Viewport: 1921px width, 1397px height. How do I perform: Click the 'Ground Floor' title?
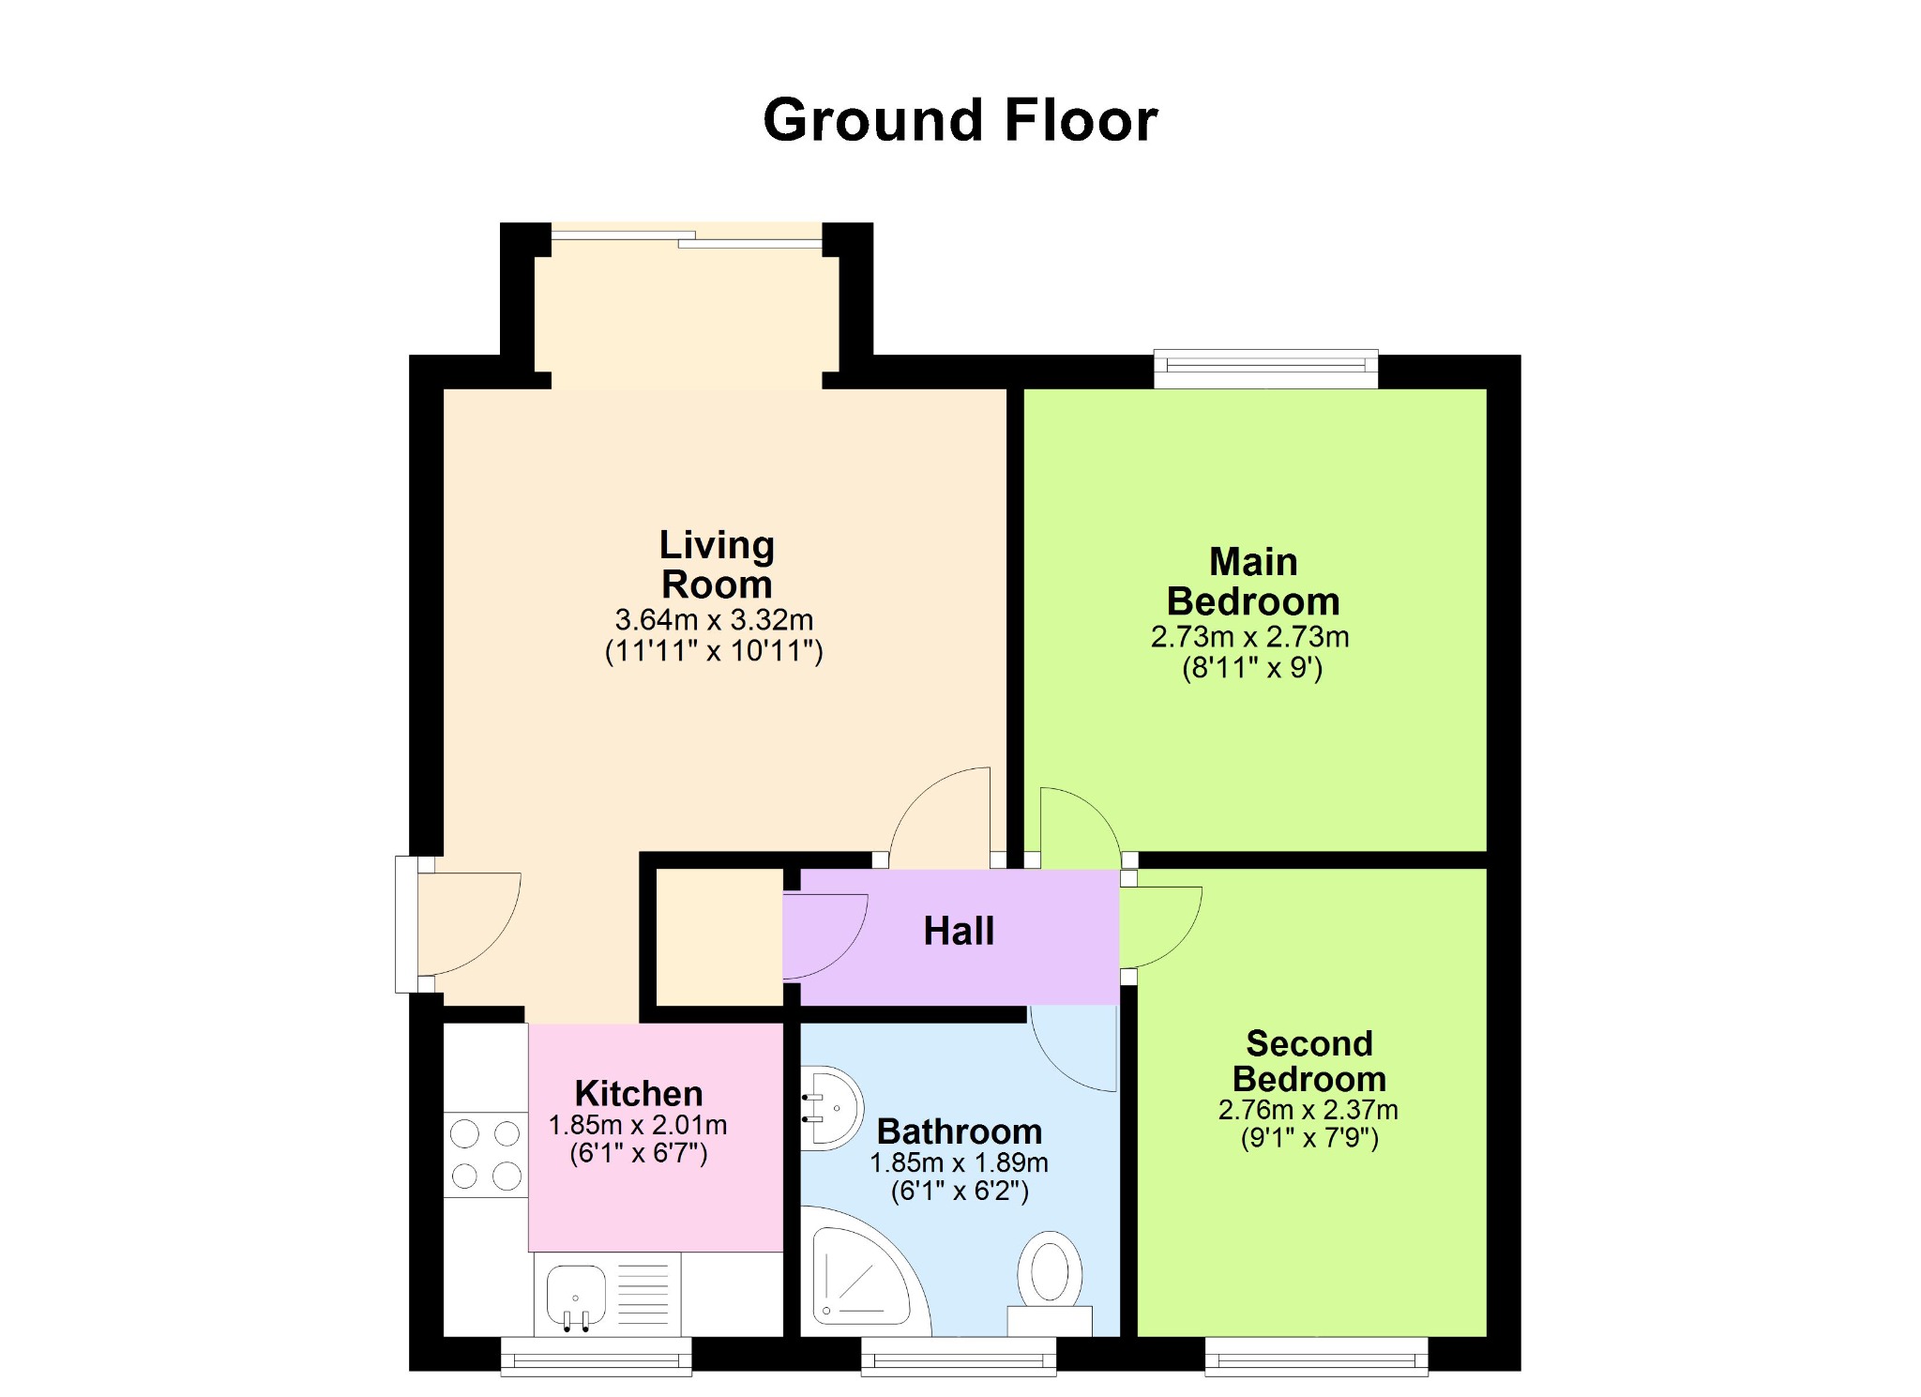(960, 121)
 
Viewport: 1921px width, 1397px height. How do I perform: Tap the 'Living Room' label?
(717, 564)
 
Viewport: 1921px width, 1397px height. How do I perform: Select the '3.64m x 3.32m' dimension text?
(714, 619)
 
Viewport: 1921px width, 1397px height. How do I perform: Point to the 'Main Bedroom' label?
(1253, 582)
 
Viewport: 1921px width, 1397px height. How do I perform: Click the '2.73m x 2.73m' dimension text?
(1250, 637)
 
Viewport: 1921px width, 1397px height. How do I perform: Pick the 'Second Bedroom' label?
(1309, 1061)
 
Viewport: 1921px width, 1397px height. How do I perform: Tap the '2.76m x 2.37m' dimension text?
(1308, 1110)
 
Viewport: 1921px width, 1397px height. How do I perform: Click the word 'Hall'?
(959, 931)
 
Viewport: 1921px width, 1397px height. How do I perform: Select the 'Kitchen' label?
(639, 1093)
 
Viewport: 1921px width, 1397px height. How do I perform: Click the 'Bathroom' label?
(960, 1131)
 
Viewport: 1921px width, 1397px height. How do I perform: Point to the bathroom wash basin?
(830, 1108)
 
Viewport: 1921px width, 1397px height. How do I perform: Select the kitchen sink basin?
(576, 1296)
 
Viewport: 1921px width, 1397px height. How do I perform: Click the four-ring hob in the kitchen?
(485, 1155)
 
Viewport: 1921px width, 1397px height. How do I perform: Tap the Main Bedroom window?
(1266, 369)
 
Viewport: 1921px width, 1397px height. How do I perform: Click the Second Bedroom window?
(1316, 1356)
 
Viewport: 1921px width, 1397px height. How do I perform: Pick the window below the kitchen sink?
(596, 1356)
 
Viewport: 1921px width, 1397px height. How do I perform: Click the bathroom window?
(959, 1356)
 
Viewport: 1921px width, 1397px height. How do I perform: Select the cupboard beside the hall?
(718, 937)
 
